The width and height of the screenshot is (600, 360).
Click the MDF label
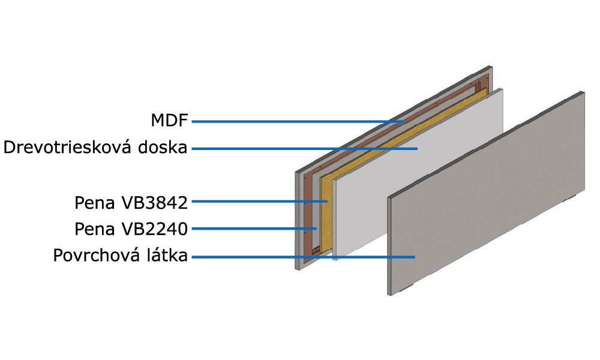coord(170,121)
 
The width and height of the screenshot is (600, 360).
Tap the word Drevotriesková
coord(68,147)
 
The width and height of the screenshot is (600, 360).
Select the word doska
coord(163,147)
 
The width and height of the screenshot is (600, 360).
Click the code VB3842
coord(154,203)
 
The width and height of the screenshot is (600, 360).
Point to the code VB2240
coord(154,229)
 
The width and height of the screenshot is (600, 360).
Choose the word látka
coord(167,255)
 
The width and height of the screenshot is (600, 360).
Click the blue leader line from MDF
coord(298,122)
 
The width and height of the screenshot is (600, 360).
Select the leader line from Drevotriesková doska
coord(305,148)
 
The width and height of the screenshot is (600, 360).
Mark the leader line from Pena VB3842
coord(259,201)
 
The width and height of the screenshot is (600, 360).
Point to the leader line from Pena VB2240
coord(254,229)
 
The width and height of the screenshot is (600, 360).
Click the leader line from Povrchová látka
coord(303,257)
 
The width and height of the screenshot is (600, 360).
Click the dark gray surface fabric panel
coord(486,193)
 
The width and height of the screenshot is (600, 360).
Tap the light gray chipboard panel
coord(418,174)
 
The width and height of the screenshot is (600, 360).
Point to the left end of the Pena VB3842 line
coord(192,201)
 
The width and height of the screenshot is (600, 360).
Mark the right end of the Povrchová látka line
coord(415,257)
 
